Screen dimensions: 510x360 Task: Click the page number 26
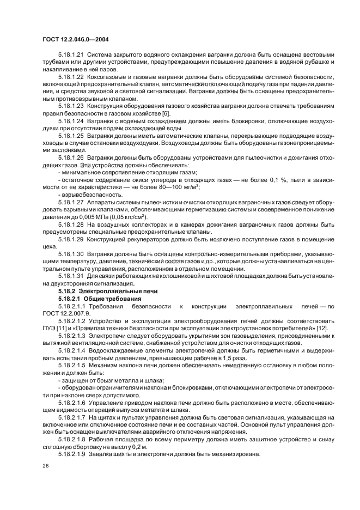tap(44, 466)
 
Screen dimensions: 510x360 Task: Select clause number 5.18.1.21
tap(71, 54)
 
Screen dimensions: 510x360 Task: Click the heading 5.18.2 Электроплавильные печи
tap(96, 292)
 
